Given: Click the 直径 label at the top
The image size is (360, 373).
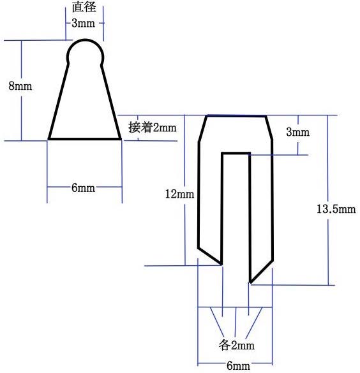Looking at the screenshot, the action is (84, 7).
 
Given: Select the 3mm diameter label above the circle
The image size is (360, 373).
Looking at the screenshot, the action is (84, 23).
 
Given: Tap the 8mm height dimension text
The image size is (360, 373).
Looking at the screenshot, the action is (20, 86).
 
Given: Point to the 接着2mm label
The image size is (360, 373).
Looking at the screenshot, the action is (153, 128).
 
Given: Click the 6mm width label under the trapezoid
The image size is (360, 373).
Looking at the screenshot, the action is (84, 188).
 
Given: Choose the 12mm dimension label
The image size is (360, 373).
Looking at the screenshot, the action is (180, 194).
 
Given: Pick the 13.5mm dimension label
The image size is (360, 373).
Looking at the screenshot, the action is (336, 209).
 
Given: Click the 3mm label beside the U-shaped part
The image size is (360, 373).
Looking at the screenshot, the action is (298, 132).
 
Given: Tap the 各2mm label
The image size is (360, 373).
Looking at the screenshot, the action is (237, 345).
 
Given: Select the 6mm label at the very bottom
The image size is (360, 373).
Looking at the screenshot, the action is (238, 365).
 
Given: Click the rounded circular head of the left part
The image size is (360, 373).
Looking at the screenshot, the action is (86, 40).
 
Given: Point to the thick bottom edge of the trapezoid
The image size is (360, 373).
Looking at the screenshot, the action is (85, 139).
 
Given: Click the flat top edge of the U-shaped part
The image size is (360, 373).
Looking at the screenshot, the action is (236, 116).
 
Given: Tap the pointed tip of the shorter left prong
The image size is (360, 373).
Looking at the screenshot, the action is (221, 264).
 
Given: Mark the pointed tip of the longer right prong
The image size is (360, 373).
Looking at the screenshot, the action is (250, 282).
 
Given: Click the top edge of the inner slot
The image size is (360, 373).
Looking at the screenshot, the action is (236, 154).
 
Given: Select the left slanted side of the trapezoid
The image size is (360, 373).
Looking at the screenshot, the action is (59, 101).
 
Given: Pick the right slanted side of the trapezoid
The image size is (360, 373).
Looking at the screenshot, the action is (111, 102).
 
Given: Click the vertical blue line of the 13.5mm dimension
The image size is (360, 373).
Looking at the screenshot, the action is (328, 200).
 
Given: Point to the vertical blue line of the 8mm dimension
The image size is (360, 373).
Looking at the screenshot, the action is (22, 91).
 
